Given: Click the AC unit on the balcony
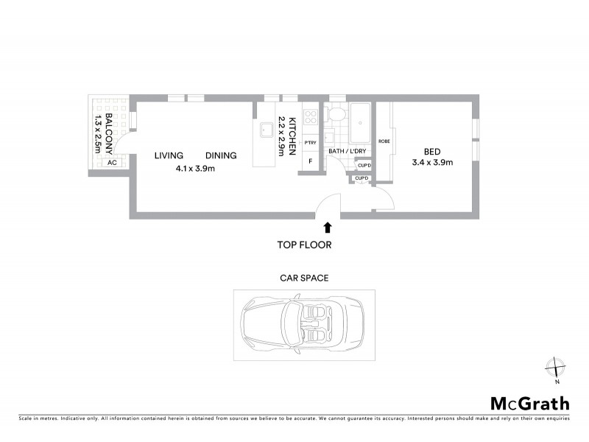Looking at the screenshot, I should pyautogui.click(x=112, y=162).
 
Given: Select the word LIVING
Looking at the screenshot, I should pyautogui.click(x=169, y=155).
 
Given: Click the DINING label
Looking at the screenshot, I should pyautogui.click(x=221, y=155).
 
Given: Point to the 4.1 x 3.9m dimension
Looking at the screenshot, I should pyautogui.click(x=195, y=168).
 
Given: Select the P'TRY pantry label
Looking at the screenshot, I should pyautogui.click(x=310, y=142).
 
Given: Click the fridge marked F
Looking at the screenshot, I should pyautogui.click(x=310, y=161).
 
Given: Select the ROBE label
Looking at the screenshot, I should pyautogui.click(x=384, y=141).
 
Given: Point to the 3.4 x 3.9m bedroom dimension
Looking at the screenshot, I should pyautogui.click(x=432, y=163).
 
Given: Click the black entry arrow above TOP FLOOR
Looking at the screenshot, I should pyautogui.click(x=327, y=228).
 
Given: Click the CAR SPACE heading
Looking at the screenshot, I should pyautogui.click(x=304, y=278).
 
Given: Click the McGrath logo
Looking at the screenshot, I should pyautogui.click(x=529, y=403).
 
